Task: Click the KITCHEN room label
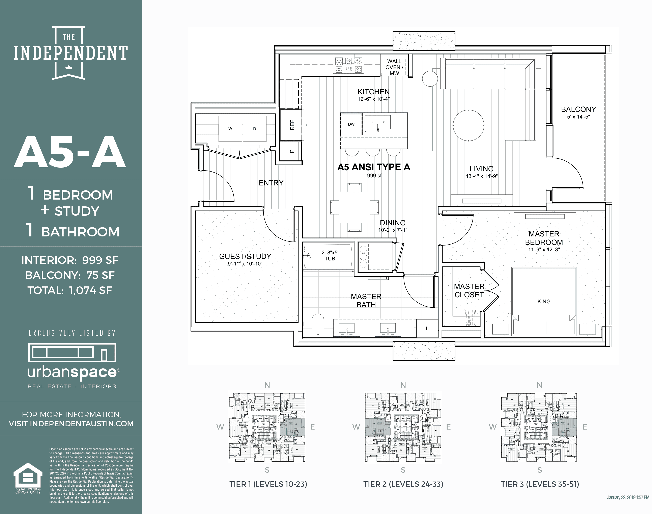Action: coord(373,92)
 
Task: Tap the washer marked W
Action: coord(230,129)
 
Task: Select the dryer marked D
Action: coord(254,129)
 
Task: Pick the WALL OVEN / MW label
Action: coord(394,67)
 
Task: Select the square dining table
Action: coord(354,207)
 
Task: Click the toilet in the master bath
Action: coord(318,325)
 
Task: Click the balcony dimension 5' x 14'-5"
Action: coord(578,117)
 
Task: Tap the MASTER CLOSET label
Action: coord(469,291)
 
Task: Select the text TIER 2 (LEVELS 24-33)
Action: coord(403,484)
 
